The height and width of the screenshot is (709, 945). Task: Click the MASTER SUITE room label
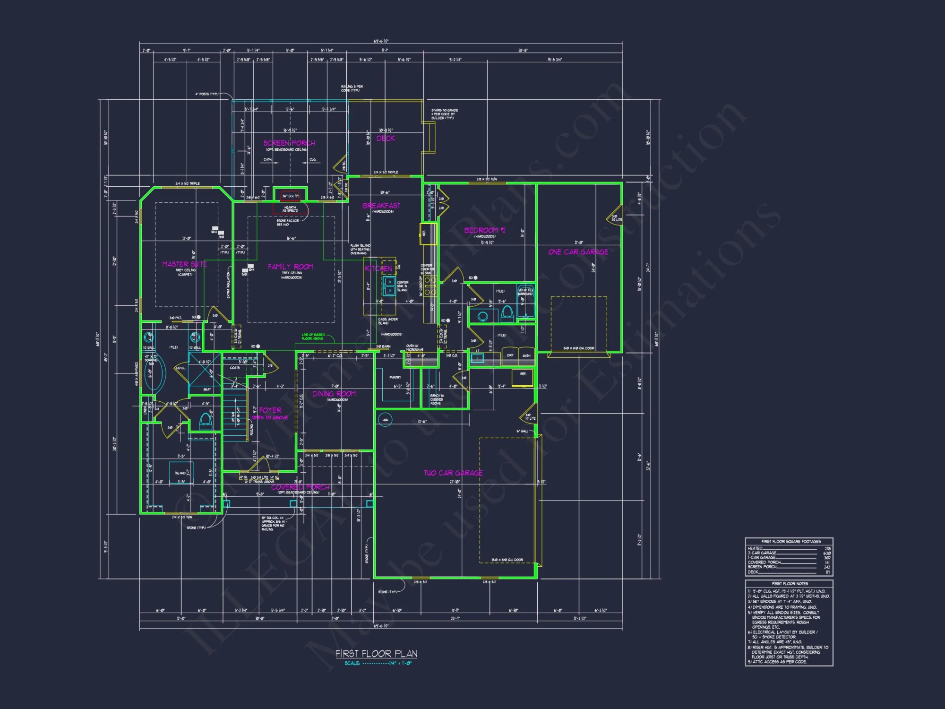(184, 264)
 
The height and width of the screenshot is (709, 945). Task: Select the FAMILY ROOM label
(290, 267)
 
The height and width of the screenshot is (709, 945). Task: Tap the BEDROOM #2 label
(485, 230)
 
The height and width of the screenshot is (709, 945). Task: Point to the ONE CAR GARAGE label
(578, 252)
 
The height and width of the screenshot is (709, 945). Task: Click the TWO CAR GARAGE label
(453, 473)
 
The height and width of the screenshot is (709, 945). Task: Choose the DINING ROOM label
(334, 394)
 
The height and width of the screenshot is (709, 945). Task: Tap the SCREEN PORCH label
(289, 143)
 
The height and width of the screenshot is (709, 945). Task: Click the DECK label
(386, 138)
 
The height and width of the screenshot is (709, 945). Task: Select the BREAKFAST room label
(381, 206)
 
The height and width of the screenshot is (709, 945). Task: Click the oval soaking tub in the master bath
(155, 372)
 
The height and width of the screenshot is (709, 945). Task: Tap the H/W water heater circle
(385, 419)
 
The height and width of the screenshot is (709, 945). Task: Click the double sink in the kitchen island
(389, 286)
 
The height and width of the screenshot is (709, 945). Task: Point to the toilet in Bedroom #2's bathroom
(507, 313)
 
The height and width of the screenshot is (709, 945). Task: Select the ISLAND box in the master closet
(180, 473)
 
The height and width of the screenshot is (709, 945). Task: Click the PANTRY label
(395, 377)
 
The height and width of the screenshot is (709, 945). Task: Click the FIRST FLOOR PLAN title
(377, 654)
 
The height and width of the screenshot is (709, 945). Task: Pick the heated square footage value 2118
(827, 548)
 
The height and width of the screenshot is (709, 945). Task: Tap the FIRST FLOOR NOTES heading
(790, 584)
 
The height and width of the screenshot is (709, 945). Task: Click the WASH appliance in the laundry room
(526, 355)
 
